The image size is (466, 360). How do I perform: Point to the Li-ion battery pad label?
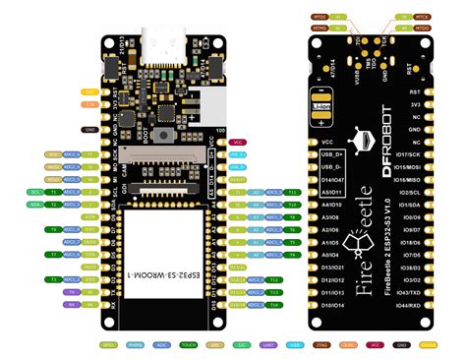pyautogui.click(x=321, y=106)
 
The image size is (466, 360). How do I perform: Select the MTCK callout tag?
pyautogui.click(x=423, y=17)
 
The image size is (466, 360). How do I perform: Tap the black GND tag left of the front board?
pyautogui.click(x=90, y=130)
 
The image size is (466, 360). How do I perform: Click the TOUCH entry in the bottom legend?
pyautogui.click(x=189, y=345)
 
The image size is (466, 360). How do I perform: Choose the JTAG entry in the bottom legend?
pyautogui.click(x=320, y=345)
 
